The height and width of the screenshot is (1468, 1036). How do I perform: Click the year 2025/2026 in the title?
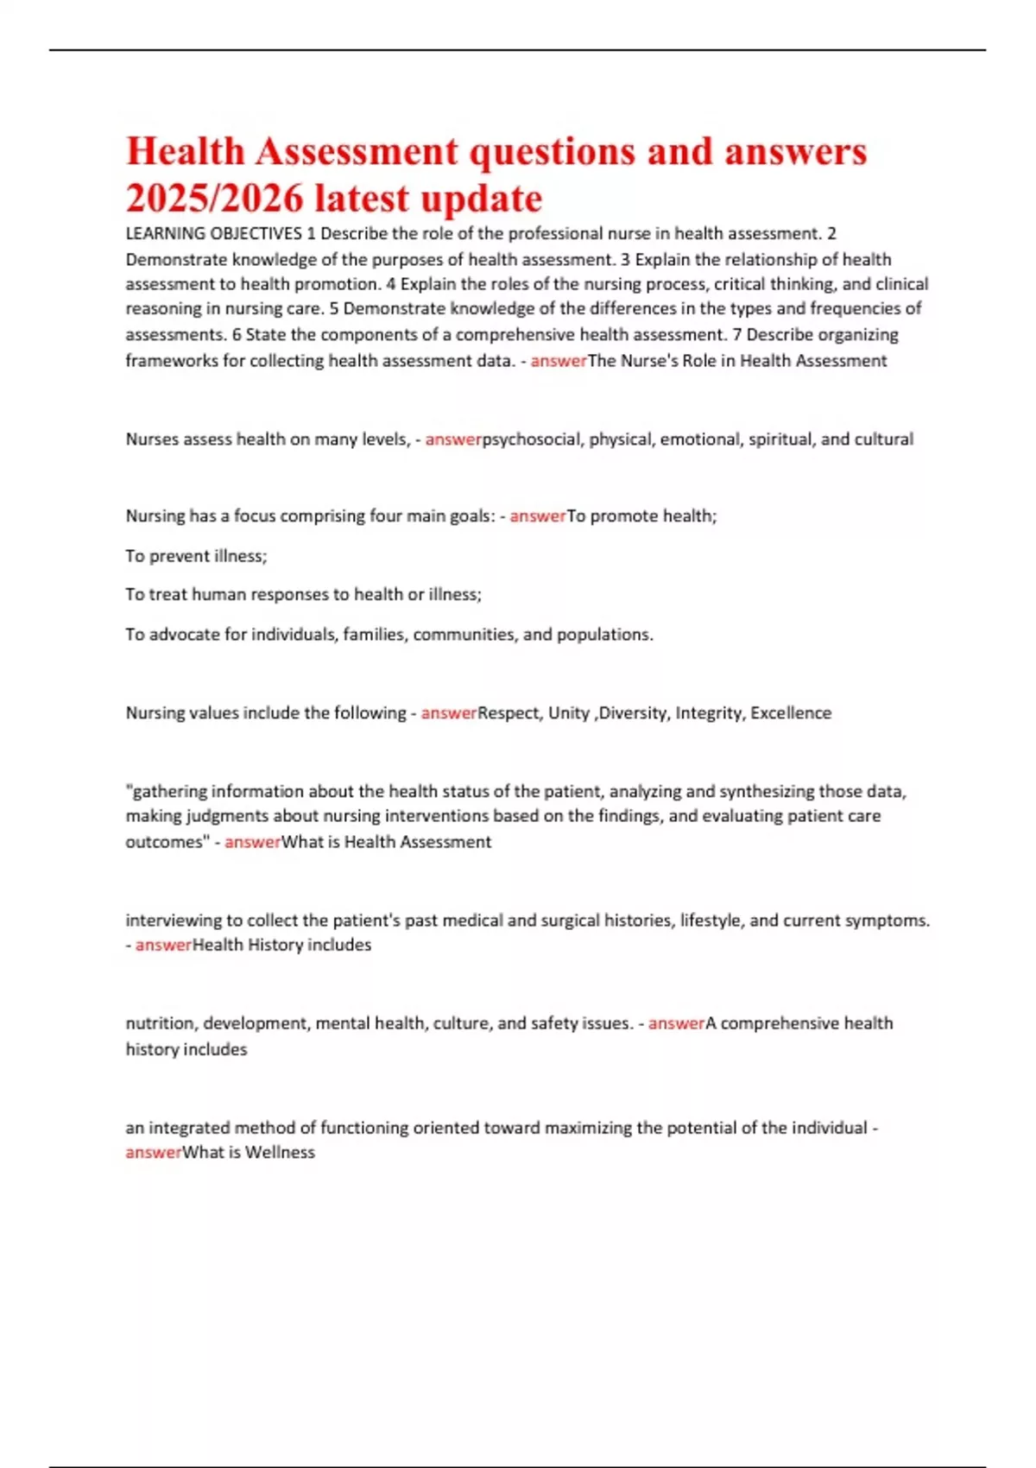click(x=215, y=199)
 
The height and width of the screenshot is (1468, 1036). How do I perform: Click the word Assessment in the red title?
click(x=356, y=152)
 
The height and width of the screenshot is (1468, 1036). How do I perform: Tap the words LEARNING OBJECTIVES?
click(x=214, y=234)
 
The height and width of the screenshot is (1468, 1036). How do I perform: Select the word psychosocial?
click(x=531, y=440)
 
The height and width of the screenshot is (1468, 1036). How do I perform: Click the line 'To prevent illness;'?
click(x=197, y=556)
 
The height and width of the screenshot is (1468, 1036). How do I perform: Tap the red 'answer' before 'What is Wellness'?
click(x=154, y=1153)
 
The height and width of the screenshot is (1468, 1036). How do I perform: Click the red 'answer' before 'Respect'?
click(x=449, y=713)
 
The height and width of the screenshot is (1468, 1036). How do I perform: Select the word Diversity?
click(x=632, y=713)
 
